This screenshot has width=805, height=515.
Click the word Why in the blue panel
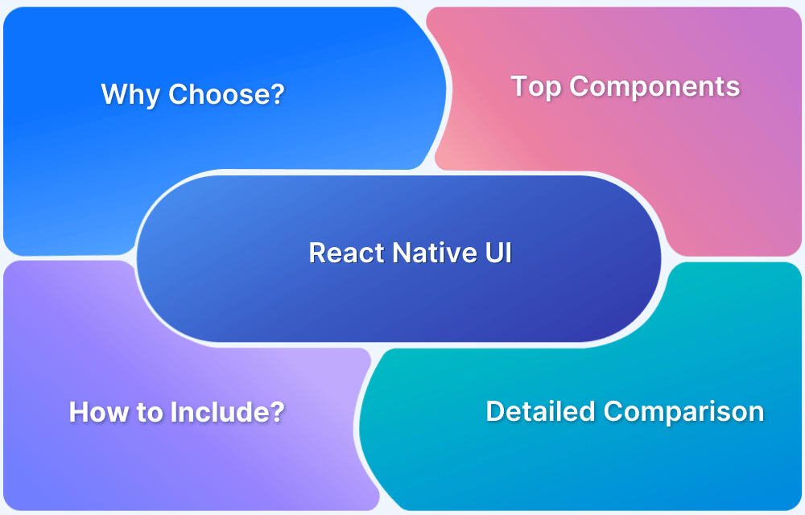(x=130, y=95)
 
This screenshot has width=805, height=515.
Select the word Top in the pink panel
(x=537, y=87)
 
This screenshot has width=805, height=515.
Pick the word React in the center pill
(x=347, y=253)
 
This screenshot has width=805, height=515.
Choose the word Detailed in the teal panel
(x=541, y=412)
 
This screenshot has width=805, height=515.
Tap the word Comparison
(x=683, y=412)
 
